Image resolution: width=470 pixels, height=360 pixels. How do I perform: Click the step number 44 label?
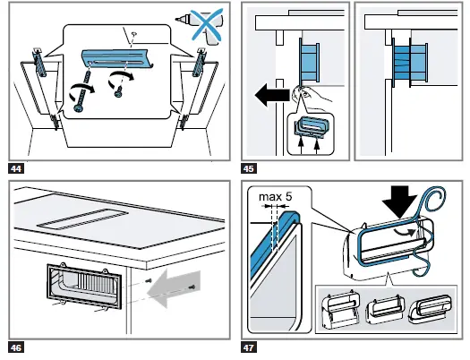[16, 168]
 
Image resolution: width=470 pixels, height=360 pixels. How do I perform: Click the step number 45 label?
[249, 168]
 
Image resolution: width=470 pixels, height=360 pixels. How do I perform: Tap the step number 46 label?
[16, 347]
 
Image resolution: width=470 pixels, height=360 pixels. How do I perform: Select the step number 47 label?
[249, 347]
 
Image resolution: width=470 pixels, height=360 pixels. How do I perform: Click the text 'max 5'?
[275, 197]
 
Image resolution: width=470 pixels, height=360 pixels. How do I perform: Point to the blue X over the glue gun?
[208, 24]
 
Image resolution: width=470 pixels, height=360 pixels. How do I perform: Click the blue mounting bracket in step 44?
[117, 58]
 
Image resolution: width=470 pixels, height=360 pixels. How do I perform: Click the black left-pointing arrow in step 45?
[272, 95]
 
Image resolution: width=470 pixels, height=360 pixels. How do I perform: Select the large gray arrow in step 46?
[175, 288]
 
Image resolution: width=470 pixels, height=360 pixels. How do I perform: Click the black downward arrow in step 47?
[399, 201]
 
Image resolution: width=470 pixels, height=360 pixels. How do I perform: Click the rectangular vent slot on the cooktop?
[82, 219]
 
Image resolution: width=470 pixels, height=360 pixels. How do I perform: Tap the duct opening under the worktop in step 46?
[84, 286]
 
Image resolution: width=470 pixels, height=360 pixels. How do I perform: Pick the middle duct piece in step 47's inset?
[385, 309]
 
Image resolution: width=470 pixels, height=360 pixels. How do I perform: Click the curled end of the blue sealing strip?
[432, 201]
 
